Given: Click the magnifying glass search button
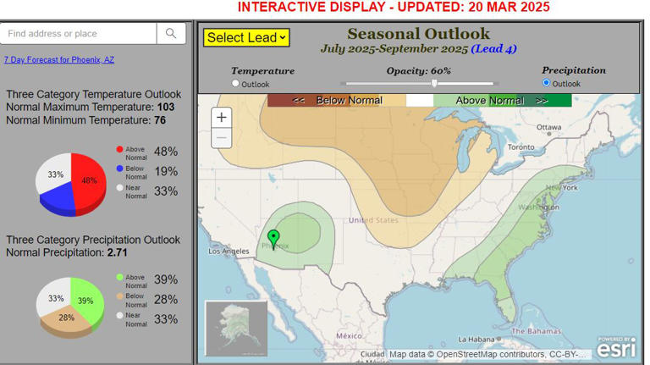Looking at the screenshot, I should [x=171, y=34].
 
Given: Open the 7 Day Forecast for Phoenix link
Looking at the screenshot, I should [x=58, y=60].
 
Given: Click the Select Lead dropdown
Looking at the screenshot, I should [x=246, y=37].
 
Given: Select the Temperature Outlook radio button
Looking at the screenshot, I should [x=235, y=84].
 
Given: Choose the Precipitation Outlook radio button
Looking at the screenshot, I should [x=546, y=83].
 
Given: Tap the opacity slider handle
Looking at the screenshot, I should [x=434, y=83].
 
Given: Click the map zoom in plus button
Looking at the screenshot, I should [x=222, y=118].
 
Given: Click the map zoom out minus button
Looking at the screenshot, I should [x=222, y=137].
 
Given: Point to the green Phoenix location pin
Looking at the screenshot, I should [x=273, y=237].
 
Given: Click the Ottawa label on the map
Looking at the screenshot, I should [x=548, y=128].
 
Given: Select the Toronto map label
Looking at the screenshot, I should [x=521, y=147].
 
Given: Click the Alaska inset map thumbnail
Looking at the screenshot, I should [x=236, y=328].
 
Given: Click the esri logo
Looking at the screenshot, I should [x=615, y=346].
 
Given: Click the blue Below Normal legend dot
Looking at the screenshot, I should [x=120, y=169].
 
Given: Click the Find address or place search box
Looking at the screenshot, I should [x=78, y=34].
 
